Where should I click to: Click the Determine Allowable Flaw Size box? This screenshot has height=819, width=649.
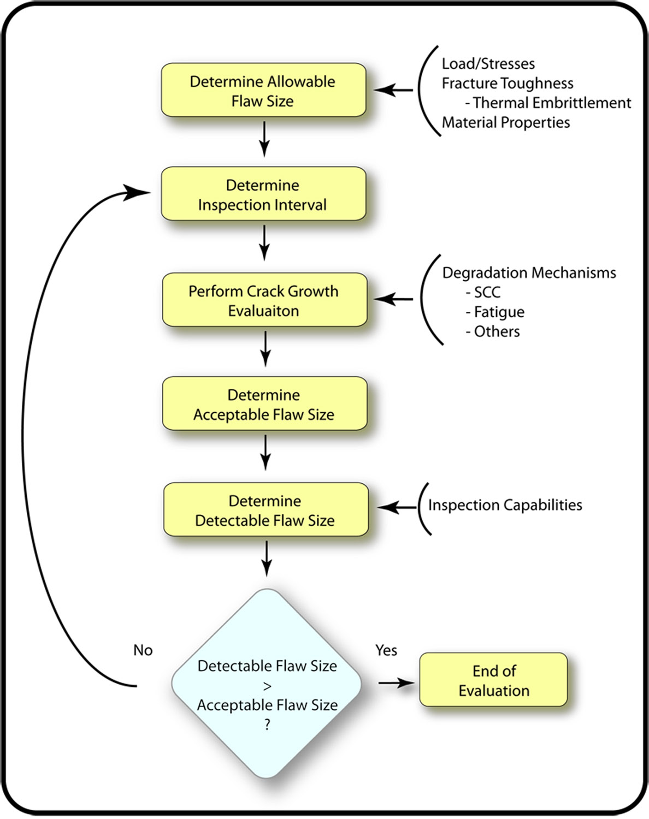tap(263, 91)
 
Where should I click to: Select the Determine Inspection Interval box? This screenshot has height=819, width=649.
tap(263, 194)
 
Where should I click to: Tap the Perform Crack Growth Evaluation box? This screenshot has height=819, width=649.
tap(264, 300)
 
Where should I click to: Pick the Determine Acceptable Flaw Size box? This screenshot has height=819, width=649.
tap(264, 404)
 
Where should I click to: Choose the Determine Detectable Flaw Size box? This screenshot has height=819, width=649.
tap(265, 510)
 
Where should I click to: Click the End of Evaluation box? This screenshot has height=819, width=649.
tap(493, 680)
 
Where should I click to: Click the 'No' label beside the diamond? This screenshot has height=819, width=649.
tap(143, 650)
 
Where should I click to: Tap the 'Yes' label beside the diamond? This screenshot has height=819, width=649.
tap(386, 650)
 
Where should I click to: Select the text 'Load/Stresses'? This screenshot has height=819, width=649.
tap(488, 64)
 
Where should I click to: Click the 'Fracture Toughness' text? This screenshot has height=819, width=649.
tap(508, 84)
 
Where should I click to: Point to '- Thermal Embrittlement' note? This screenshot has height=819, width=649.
tap(548, 103)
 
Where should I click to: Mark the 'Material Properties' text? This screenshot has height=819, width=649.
tap(506, 123)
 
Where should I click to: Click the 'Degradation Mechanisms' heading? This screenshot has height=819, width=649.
tap(529, 273)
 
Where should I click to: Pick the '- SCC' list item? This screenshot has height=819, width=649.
tap(483, 293)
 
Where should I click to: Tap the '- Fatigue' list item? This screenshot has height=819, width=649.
tap(495, 312)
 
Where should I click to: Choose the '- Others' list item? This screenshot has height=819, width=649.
tap(493, 332)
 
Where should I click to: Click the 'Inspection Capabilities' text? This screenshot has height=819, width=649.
tap(505, 506)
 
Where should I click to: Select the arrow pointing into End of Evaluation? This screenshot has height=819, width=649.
tap(396, 683)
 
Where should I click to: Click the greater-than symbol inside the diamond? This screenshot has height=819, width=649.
tap(267, 686)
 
